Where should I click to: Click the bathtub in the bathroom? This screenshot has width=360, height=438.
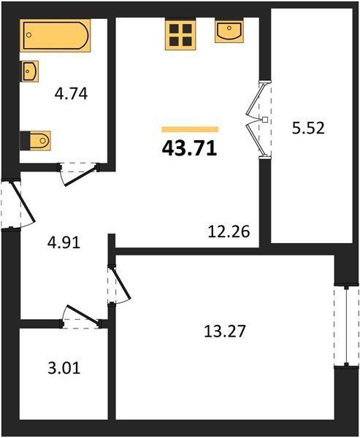coord(55,36)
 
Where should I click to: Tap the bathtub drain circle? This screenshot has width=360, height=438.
coord(28,35)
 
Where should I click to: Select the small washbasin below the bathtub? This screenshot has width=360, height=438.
coord(30,71)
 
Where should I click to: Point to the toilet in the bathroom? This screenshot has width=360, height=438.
coord(36,140)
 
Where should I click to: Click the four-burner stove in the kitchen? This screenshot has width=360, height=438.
coord(180,34)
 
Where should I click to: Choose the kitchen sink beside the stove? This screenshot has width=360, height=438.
coord(229,31)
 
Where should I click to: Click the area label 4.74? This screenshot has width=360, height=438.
coord(72,93)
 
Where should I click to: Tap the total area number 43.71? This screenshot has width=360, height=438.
coord(190,149)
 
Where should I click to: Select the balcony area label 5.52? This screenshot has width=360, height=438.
coord(308,128)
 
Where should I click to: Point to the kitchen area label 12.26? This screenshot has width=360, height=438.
coord(229,231)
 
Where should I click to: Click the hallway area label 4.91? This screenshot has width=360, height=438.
coord(64,242)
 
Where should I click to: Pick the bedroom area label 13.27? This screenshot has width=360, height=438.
coord(225,331)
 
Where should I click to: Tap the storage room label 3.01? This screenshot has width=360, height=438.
coord(64,368)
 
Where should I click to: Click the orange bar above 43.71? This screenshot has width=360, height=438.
coord(190,129)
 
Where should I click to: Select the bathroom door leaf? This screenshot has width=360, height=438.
coord(81,176)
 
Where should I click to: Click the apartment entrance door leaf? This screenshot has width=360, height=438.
coord(23,201)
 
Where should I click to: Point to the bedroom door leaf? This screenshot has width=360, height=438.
coord(120,283)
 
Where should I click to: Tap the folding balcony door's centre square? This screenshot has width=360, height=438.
coord(264,120)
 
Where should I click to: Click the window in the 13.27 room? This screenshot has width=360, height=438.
coord(346,326)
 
